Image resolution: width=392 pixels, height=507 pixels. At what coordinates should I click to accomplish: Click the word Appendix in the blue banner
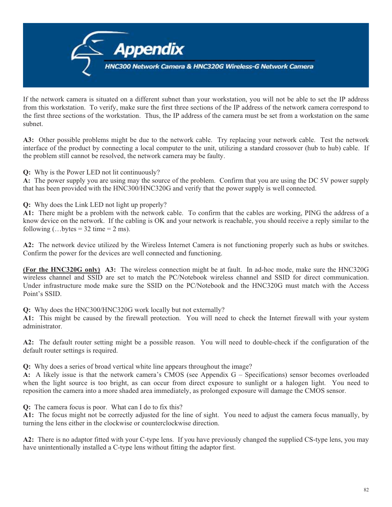point(149,50)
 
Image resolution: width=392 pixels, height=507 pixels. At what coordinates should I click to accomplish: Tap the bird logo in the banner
point(87,53)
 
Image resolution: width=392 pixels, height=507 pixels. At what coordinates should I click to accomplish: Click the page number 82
point(366,490)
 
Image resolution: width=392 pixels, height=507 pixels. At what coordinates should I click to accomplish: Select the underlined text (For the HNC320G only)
point(62,270)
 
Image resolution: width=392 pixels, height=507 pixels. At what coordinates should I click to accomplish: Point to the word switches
point(355,245)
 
